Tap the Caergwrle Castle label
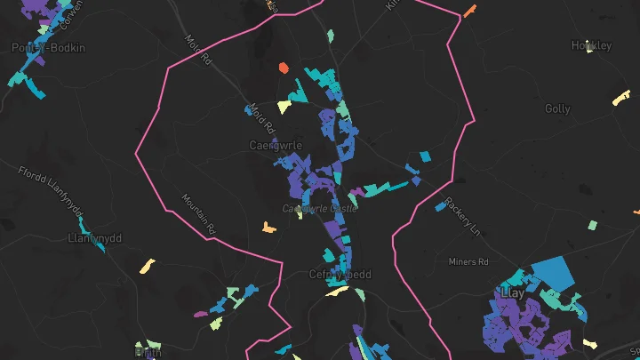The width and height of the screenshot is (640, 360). tap(319, 208)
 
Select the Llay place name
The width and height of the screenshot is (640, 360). tap(513, 292)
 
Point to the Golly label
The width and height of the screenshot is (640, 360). tap(557, 108)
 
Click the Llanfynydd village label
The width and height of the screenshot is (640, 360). tap(93, 238)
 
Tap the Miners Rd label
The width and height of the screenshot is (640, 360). tap(468, 262)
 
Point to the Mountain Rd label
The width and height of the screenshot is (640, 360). tap(198, 214)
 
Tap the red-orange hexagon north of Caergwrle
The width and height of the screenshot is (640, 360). tap(284, 68)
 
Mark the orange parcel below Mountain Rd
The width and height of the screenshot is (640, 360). tap(268, 228)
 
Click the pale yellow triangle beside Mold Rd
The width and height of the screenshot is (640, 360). tap(284, 108)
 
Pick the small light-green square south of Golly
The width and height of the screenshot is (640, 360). tap(593, 225)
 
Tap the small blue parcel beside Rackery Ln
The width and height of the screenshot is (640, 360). tap(441, 206)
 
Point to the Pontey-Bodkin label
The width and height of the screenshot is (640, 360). tap(48, 47)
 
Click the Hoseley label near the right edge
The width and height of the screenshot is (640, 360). tap(592, 45)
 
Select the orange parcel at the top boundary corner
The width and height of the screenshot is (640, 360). tap(468, 12)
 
